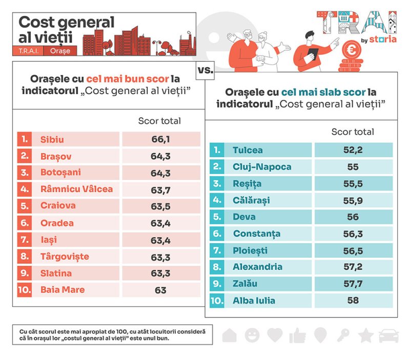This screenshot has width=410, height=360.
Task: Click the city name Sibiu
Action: tap(52, 139)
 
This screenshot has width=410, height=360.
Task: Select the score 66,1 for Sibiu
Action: tap(160, 139)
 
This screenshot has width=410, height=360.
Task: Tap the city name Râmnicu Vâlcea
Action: tap(77, 189)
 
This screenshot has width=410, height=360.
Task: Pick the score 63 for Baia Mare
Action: tap(160, 290)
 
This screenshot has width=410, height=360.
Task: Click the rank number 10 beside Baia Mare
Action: tap(24, 290)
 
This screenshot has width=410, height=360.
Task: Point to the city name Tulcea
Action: tap(248, 150)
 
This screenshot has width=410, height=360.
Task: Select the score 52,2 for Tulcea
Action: tap(353, 150)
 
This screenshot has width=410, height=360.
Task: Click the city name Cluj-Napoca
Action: tap(262, 167)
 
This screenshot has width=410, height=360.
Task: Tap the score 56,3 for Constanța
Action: tap(353, 234)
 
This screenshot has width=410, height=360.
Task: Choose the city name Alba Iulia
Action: tap(254, 301)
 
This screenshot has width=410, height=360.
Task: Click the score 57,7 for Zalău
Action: tap(353, 284)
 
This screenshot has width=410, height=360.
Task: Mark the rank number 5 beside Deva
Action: tap(217, 217)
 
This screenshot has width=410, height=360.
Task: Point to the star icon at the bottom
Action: tap(365, 335)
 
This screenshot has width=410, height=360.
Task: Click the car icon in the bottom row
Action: tap(388, 336)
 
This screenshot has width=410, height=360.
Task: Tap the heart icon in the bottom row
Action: tap(275, 335)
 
